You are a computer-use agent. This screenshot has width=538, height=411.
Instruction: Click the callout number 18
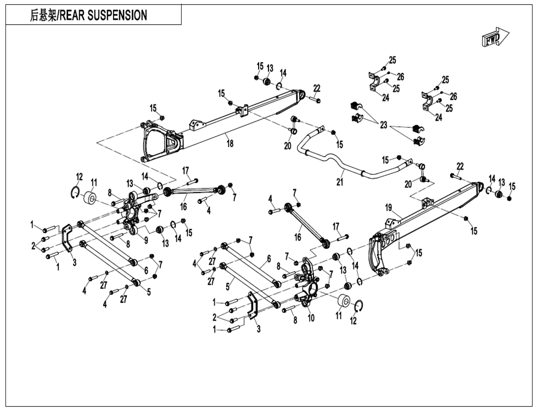point(230,143)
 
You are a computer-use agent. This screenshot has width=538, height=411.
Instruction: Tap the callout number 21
point(341,181)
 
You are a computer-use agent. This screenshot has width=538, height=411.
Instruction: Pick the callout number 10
point(311,317)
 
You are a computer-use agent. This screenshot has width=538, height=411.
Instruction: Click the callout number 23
point(383,125)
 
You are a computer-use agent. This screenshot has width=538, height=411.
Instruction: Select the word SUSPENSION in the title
point(118,15)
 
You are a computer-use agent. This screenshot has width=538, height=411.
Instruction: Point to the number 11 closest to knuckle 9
point(94,182)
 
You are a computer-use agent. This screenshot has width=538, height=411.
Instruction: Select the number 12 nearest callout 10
point(354,321)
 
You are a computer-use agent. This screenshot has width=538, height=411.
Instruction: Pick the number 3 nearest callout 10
point(257,329)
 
